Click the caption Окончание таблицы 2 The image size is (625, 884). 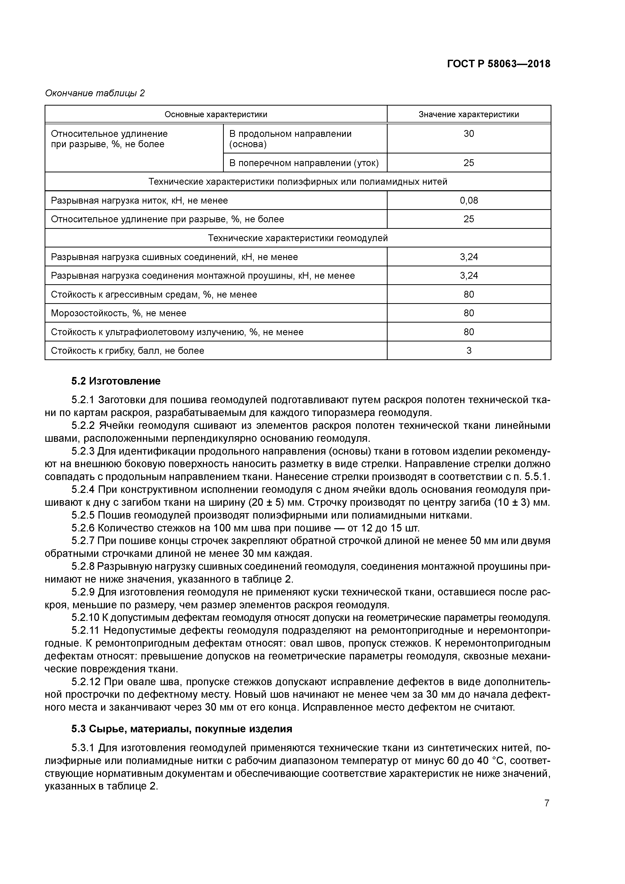click(95, 93)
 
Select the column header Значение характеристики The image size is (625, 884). click(469, 114)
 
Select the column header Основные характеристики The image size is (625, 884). click(216, 114)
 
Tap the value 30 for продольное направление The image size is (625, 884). click(469, 134)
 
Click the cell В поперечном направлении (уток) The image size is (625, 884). click(304, 163)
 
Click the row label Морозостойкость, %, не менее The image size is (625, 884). click(119, 313)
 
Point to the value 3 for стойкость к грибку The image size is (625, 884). click(469, 351)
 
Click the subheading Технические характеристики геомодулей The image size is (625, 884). click(298, 238)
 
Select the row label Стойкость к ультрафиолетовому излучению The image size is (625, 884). click(177, 332)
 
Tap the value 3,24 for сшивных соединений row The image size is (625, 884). click(469, 257)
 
